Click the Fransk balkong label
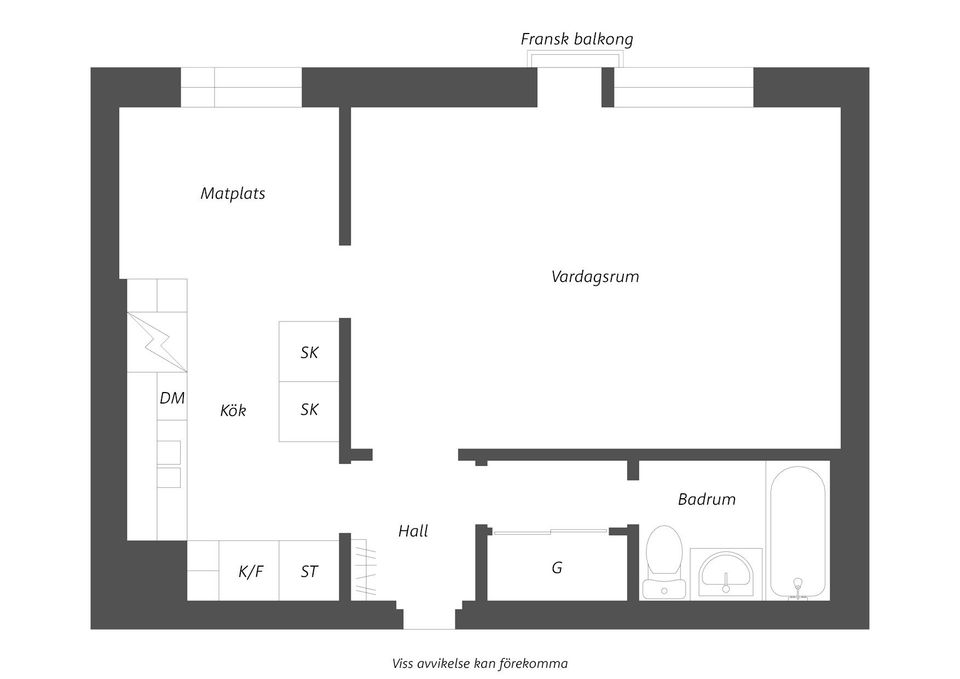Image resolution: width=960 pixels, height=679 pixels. (x=576, y=39)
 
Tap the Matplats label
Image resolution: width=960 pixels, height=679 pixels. (x=233, y=193)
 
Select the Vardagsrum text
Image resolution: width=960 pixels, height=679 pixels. (x=595, y=276)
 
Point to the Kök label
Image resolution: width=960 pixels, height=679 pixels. (x=233, y=410)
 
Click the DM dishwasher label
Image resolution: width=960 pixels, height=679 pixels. (x=172, y=398)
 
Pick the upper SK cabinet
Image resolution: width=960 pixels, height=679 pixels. (x=309, y=352)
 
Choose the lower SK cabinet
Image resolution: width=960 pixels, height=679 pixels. (x=309, y=411)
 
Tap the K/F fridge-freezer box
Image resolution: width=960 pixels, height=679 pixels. (x=250, y=571)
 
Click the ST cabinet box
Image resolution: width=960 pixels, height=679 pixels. (x=309, y=571)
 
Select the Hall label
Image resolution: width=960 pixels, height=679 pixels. (x=413, y=531)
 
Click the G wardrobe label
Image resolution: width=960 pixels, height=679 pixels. (x=557, y=567)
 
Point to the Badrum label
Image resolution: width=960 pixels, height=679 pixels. (x=706, y=499)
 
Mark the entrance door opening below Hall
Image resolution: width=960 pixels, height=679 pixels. (x=429, y=615)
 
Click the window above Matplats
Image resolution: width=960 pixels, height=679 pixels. (x=241, y=88)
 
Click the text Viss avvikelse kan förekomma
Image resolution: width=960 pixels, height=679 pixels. (x=480, y=662)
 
